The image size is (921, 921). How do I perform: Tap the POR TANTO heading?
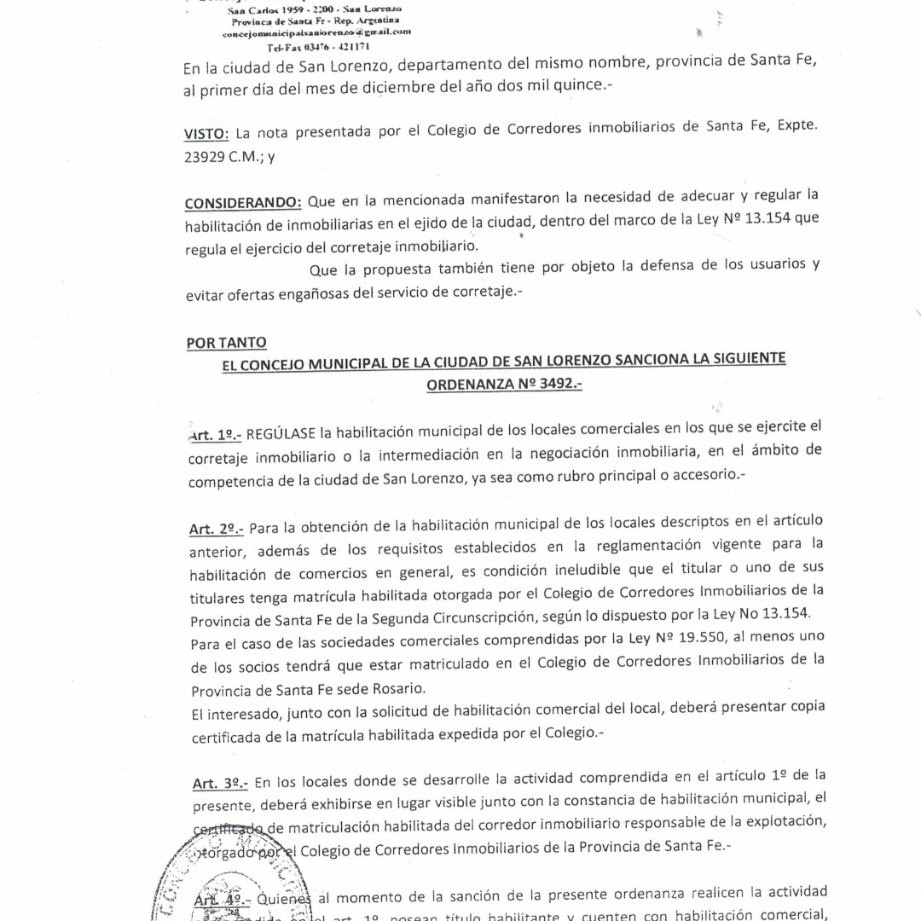pyautogui.click(x=226, y=343)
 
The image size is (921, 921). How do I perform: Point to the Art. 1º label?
pyautogui.click(x=214, y=436)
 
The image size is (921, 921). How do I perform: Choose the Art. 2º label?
pyautogui.click(x=215, y=530)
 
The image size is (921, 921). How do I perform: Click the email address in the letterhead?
pyautogui.click(x=316, y=32)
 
